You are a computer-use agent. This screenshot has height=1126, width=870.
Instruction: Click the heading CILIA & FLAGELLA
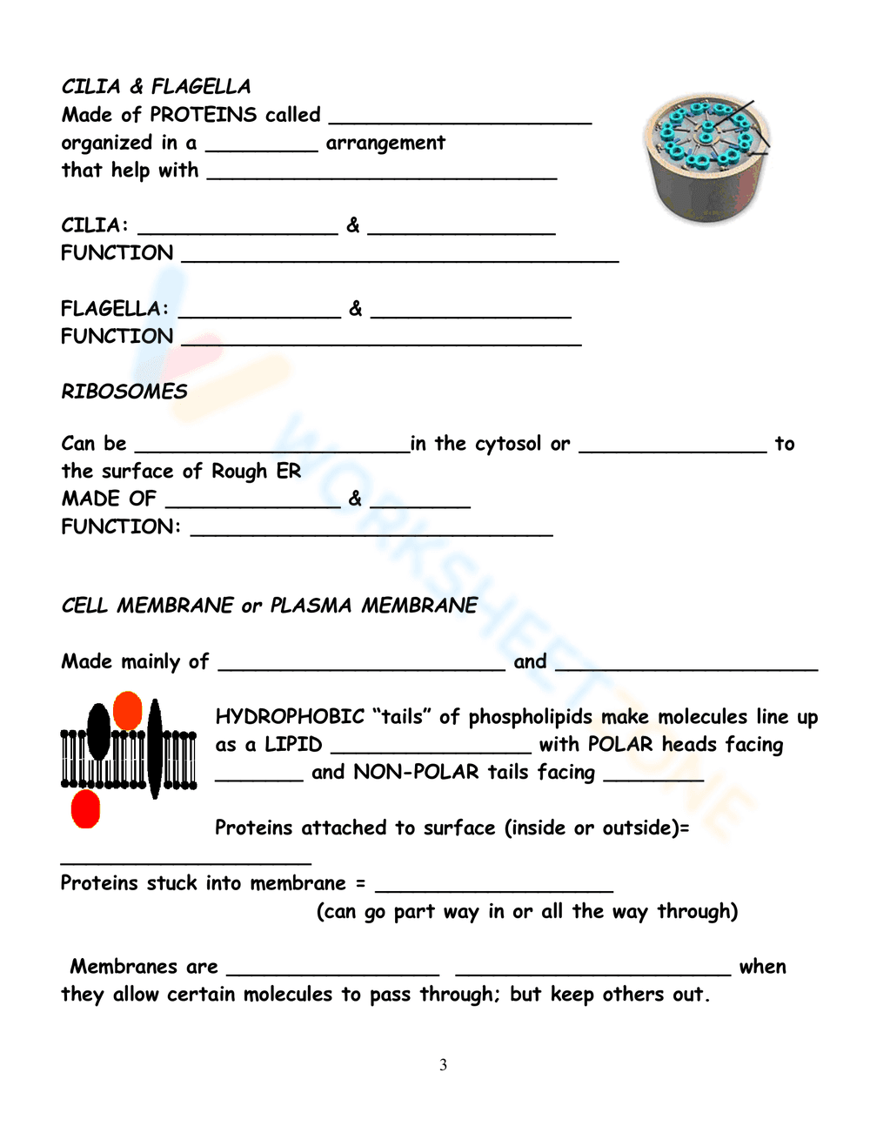156,86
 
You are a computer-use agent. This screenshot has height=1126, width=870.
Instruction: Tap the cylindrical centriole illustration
706,159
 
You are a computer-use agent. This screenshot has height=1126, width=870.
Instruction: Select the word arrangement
385,143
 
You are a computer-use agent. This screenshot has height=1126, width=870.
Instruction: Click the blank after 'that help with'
381,172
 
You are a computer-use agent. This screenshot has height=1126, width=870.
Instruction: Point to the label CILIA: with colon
95,225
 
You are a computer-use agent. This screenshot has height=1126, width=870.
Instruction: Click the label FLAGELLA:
115,308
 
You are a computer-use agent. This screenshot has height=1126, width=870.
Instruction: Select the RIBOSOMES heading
124,392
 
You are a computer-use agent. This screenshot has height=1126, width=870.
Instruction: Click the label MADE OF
108,499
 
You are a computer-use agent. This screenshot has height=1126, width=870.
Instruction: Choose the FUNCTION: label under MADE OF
120,526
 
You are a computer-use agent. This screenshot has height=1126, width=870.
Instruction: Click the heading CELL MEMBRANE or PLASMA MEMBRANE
269,606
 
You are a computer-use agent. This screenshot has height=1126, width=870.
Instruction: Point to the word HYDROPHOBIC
290,717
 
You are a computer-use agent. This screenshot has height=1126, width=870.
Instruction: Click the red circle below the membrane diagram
85,808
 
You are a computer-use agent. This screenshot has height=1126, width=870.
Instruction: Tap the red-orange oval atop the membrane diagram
128,710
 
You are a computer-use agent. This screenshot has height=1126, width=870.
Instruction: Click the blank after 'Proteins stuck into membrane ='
493,884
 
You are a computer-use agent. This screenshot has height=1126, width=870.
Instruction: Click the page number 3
443,1064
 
